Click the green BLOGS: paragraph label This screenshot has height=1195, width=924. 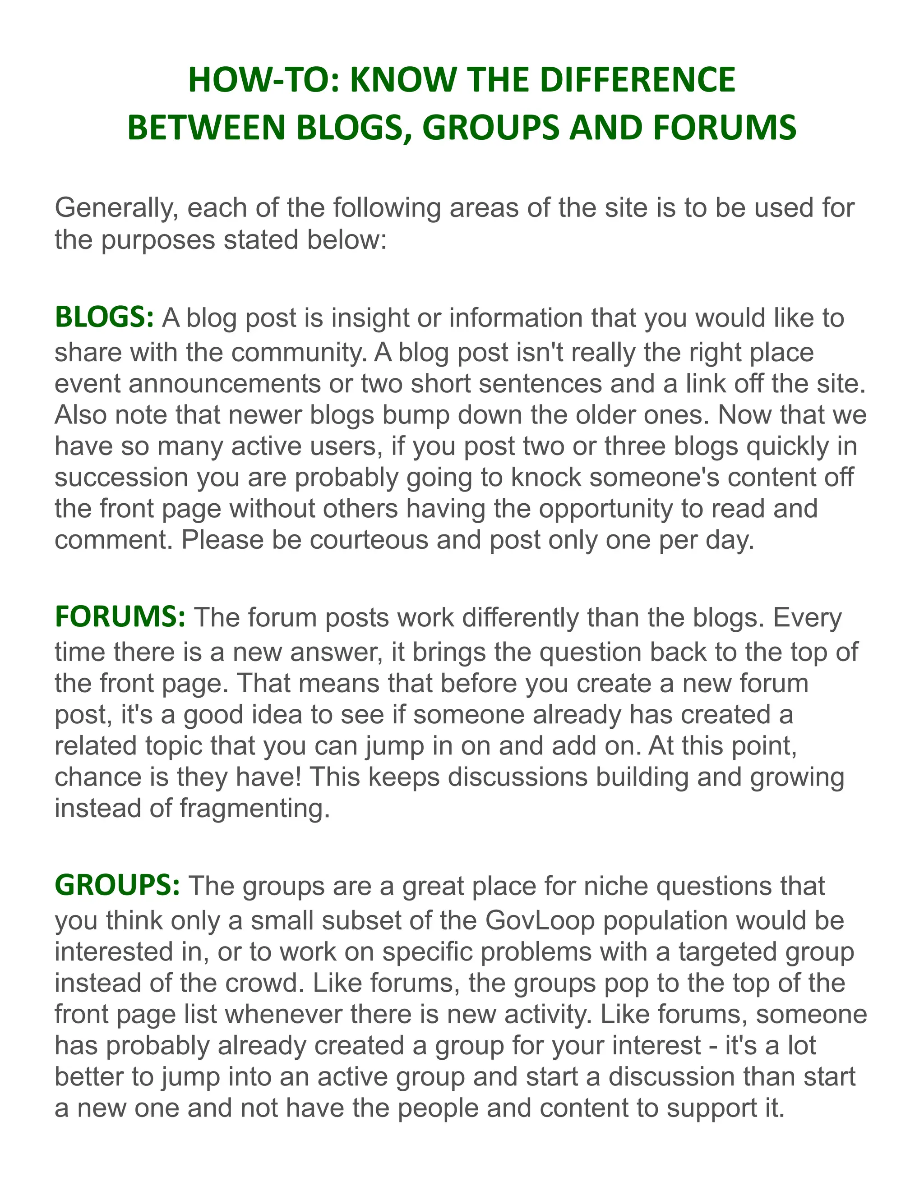(105, 318)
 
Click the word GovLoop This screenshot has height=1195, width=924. (540, 921)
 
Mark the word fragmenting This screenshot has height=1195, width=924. (254, 808)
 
